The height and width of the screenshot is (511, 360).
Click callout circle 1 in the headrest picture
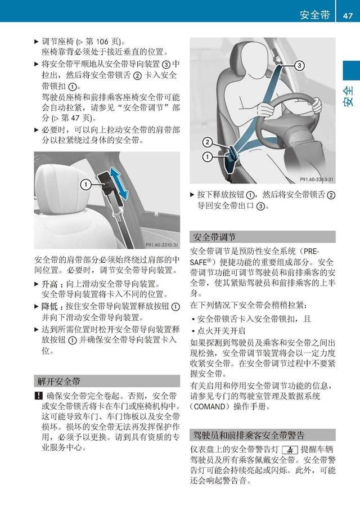[85, 183]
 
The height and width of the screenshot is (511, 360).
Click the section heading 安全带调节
[214, 237]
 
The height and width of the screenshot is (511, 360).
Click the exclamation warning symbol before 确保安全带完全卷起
[37, 396]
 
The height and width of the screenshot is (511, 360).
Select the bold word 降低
[49, 307]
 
